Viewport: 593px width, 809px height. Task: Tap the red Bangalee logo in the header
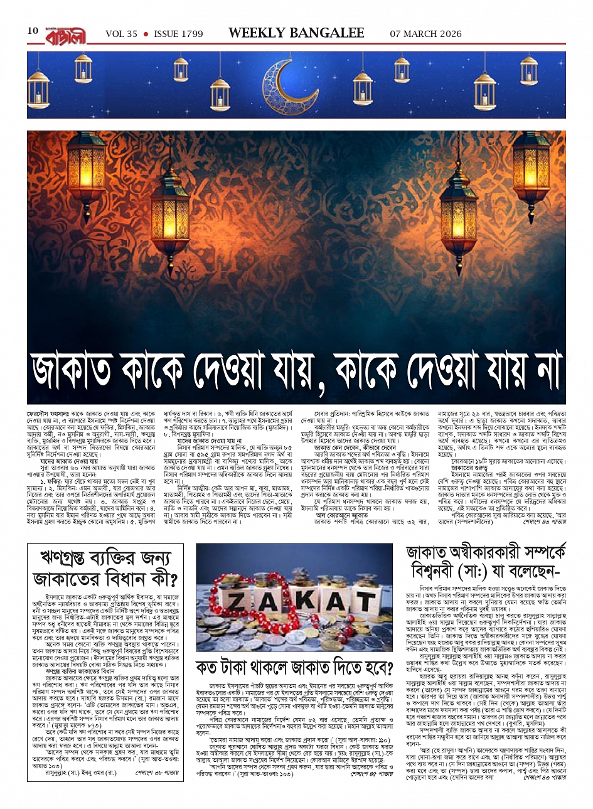pos(68,33)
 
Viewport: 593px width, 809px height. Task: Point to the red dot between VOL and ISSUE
pos(146,34)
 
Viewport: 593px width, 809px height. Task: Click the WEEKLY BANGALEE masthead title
pos(296,33)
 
